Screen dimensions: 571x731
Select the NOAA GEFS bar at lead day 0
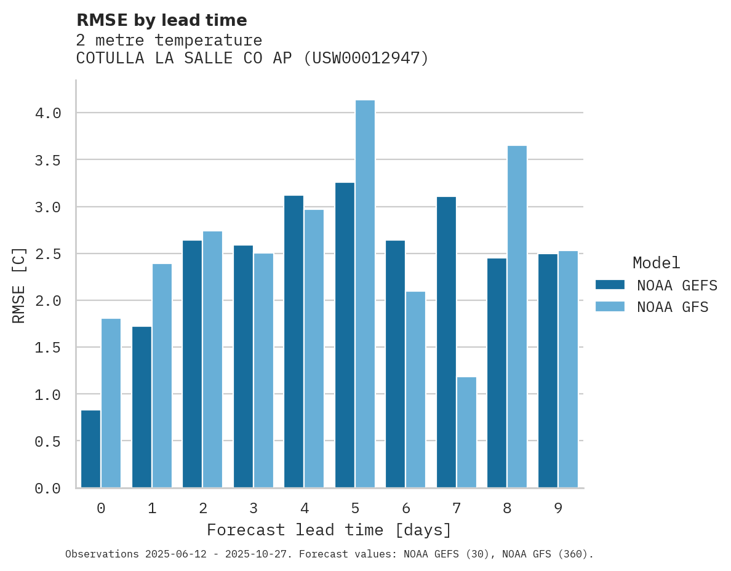pyautogui.click(x=90, y=449)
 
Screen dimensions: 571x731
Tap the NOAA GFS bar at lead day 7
pyautogui.click(x=466, y=432)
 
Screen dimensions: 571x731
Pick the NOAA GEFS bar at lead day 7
pyautogui.click(x=446, y=342)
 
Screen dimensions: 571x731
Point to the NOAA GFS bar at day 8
pyautogui.click(x=517, y=316)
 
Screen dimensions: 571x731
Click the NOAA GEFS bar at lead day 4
pyautogui.click(x=294, y=341)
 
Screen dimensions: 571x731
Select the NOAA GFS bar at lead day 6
pyautogui.click(x=415, y=389)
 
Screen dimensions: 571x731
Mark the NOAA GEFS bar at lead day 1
pyautogui.click(x=142, y=407)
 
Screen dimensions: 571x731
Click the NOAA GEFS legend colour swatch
pyautogui.click(x=610, y=285)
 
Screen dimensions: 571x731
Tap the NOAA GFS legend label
pyautogui.click(x=673, y=307)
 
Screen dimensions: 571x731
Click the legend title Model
pyautogui.click(x=656, y=263)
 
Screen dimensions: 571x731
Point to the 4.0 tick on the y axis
pyautogui.click(x=47, y=113)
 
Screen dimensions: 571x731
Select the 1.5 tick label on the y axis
pyautogui.click(x=47, y=348)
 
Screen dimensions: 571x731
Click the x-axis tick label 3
pyautogui.click(x=253, y=508)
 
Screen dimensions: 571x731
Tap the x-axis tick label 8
pyautogui.click(x=507, y=508)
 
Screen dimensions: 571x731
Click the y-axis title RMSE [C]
pyautogui.click(x=19, y=285)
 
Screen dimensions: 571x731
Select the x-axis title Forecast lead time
pyautogui.click(x=329, y=530)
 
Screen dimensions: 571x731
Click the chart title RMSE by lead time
pyautogui.click(x=161, y=20)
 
